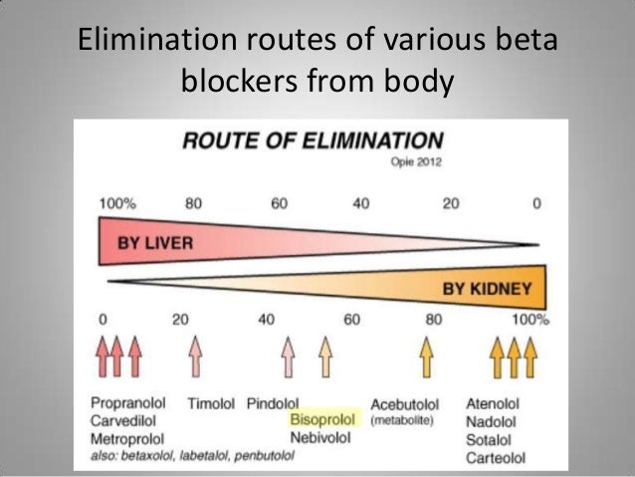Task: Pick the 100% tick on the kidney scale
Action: click(530, 320)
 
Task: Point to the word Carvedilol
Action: click(125, 421)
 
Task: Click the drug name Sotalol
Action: click(490, 439)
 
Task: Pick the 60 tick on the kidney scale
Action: click(349, 320)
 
